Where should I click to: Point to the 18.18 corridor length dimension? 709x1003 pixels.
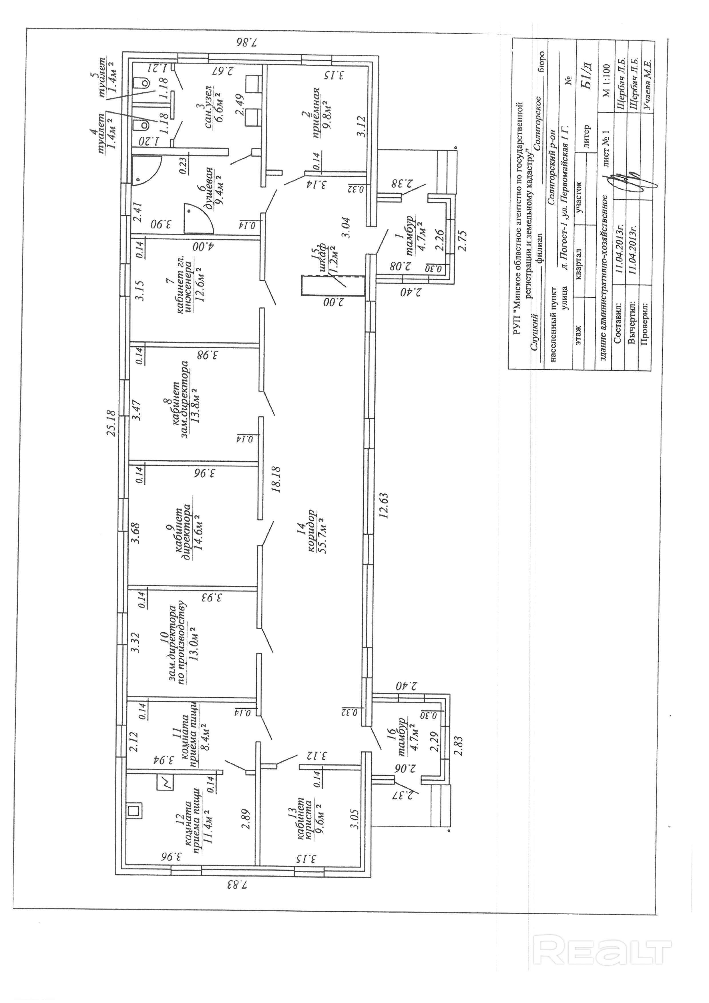click(x=276, y=480)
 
